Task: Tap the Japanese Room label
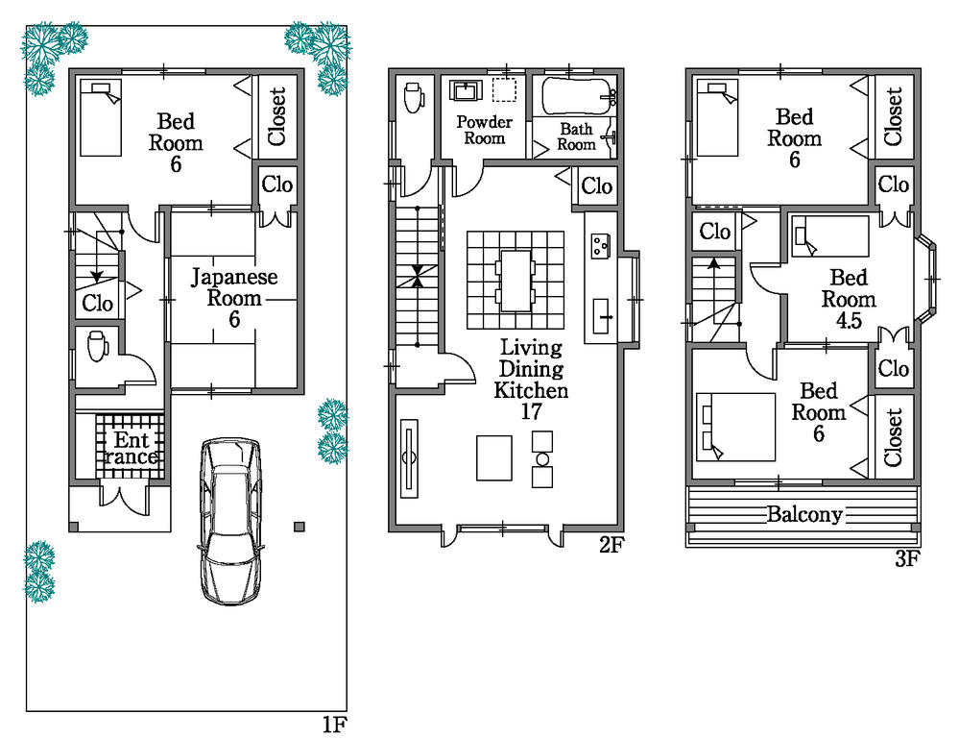233,298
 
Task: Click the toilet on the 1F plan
97,346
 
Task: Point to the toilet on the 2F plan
414,96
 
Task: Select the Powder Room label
484,130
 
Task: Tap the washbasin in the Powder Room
468,91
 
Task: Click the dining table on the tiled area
515,280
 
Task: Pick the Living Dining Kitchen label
531,369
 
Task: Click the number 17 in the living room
531,412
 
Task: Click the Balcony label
803,514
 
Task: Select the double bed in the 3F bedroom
733,427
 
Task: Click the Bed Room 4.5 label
849,299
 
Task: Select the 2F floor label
611,545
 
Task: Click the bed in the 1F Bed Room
101,118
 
